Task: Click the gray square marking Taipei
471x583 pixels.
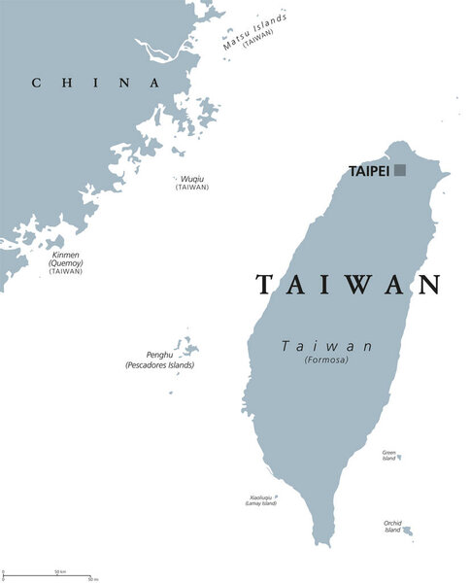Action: [x=400, y=170]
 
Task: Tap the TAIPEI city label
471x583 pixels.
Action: [x=369, y=171]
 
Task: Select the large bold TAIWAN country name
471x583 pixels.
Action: [x=349, y=284]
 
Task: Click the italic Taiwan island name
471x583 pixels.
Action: [x=327, y=345]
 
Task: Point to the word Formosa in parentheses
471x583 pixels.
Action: [x=326, y=360]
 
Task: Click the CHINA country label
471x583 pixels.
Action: [x=95, y=83]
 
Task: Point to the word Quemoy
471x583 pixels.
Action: [x=65, y=262]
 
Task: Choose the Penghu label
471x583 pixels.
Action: [x=158, y=356]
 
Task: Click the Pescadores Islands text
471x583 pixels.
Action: [x=159, y=365]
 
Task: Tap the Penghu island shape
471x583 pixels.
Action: [x=186, y=347]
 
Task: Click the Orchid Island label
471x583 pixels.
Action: [x=392, y=526]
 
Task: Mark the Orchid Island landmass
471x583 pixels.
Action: [x=408, y=532]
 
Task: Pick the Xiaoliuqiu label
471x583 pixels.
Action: [x=259, y=497]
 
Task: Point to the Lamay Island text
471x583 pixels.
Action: [x=259, y=503]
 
